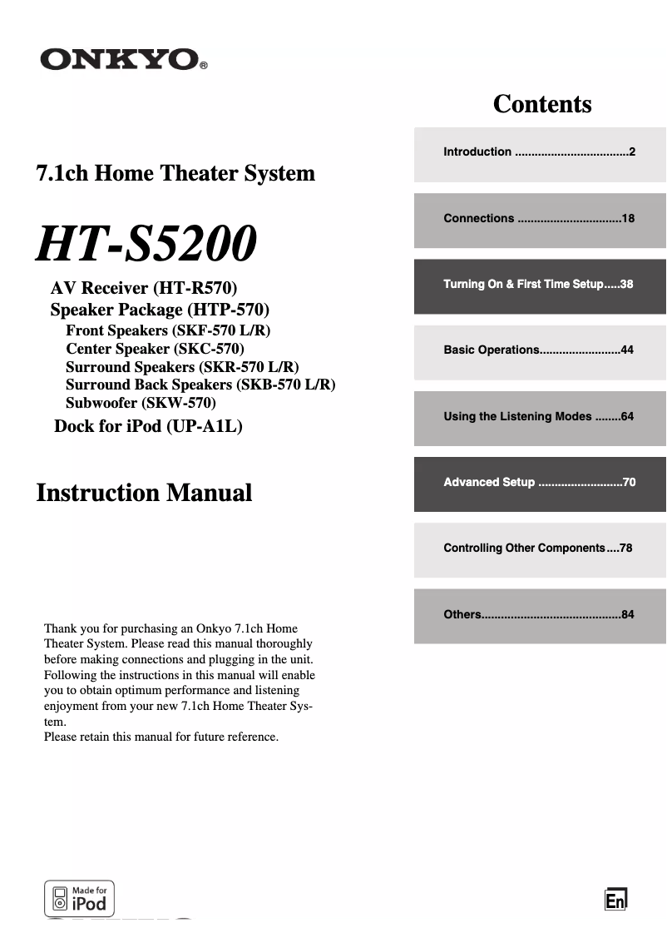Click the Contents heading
[542, 104]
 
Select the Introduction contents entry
[478, 151]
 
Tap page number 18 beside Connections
[627, 218]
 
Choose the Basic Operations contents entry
[492, 350]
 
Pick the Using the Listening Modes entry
[517, 416]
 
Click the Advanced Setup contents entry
[489, 482]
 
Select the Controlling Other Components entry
[524, 548]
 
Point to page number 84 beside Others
[627, 614]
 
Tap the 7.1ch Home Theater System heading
[175, 173]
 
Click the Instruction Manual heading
[144, 492]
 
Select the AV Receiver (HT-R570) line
[144, 289]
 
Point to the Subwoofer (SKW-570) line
[141, 403]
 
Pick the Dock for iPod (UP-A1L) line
[148, 427]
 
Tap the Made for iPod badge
[79, 899]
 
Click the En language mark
[615, 901]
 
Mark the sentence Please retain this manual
[161, 737]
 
